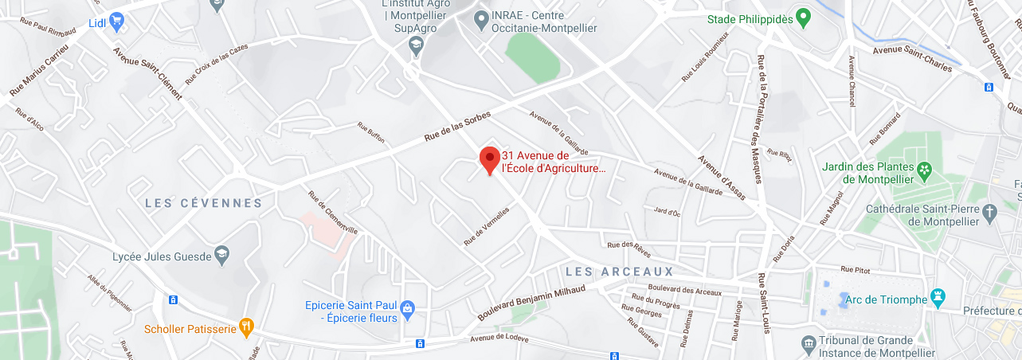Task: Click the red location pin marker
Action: (x=489, y=158)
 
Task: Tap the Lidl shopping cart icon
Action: (x=117, y=22)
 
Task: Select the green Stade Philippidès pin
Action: (x=804, y=17)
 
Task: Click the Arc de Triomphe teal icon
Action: (x=938, y=299)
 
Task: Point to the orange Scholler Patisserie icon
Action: (x=247, y=327)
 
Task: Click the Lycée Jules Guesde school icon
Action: (x=222, y=256)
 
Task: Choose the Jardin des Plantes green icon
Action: (x=924, y=170)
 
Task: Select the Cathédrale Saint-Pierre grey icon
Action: (x=990, y=212)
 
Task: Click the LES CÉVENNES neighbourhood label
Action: (x=203, y=203)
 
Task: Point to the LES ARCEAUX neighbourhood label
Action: (x=619, y=272)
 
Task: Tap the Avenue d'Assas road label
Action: (x=722, y=176)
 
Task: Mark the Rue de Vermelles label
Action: (x=487, y=226)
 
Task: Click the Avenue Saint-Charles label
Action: (x=912, y=59)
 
